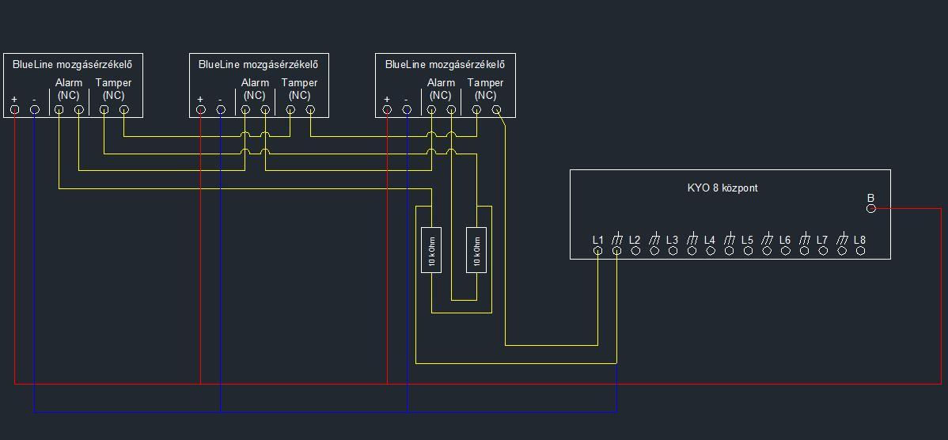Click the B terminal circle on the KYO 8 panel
(x=870, y=208)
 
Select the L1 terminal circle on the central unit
(x=598, y=251)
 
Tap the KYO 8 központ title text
(x=722, y=188)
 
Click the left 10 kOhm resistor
(x=431, y=250)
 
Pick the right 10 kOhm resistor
(x=476, y=250)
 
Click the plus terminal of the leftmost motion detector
(x=15, y=109)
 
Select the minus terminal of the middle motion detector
(x=221, y=109)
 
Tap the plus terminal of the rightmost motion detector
(x=387, y=109)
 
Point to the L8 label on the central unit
(x=859, y=240)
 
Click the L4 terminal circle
(x=711, y=251)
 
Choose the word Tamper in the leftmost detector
(x=113, y=83)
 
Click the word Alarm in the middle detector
(x=255, y=83)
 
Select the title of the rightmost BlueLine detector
(x=445, y=65)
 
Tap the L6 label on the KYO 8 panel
(x=785, y=240)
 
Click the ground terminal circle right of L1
(x=616, y=251)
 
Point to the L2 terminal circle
(x=635, y=251)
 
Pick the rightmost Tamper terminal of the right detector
(x=496, y=109)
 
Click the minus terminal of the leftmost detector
(x=35, y=109)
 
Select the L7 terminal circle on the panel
(x=823, y=251)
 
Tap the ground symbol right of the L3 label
(x=692, y=239)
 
